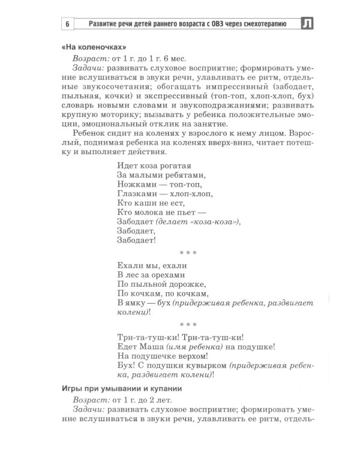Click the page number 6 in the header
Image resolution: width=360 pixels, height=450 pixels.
[68, 25]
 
